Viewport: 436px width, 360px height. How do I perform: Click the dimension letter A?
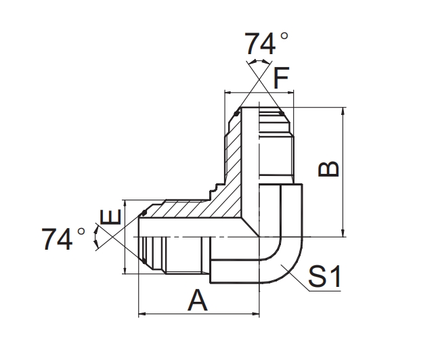[198, 300]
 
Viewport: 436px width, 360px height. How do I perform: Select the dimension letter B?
[330, 168]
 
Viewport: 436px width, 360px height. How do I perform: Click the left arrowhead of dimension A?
[141, 314]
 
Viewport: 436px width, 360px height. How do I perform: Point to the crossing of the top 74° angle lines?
[259, 79]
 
